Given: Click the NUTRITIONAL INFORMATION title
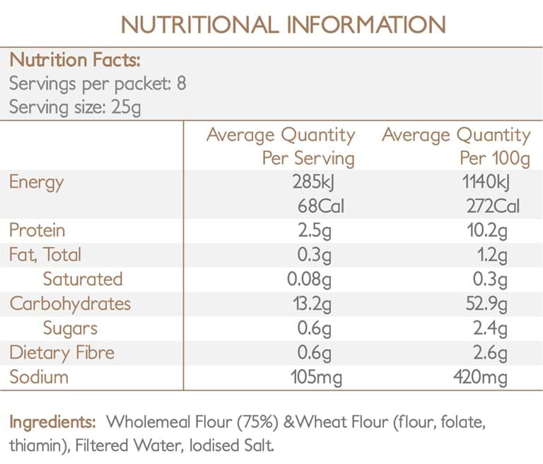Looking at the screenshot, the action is [284, 25].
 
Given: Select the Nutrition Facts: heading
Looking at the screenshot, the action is [75, 59].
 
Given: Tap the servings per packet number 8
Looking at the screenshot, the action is [182, 83].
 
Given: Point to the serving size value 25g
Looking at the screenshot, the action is [126, 108].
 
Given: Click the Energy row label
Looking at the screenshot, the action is [37, 182].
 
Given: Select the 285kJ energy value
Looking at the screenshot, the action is [313, 182].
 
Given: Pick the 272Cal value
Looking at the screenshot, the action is [493, 206].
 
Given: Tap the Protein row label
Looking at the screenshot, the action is [37, 230].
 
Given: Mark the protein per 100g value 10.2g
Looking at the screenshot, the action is [487, 231].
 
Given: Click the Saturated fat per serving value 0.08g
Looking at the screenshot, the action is [309, 279].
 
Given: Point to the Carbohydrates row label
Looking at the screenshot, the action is [70, 303].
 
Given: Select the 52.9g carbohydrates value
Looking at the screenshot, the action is [486, 304].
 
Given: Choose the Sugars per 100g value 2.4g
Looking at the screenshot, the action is [491, 329].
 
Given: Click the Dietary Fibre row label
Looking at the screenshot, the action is [62, 353].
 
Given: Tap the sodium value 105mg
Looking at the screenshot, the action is [316, 378].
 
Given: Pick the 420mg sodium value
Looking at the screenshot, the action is [480, 378].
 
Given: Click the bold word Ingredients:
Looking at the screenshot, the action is [52, 422].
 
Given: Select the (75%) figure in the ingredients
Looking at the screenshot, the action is [257, 422].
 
